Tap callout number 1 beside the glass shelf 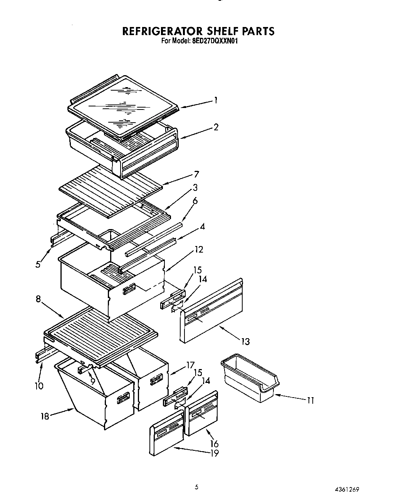(216, 100)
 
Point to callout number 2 (216, 127)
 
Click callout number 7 (196, 174)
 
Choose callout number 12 (198, 249)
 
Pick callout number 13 (245, 341)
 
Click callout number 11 (310, 400)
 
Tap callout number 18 (45, 416)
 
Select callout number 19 (214, 453)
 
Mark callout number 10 (39, 386)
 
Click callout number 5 (38, 265)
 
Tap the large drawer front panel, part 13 (212, 312)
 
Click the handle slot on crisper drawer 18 (123, 398)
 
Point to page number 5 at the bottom (196, 487)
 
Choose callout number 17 (190, 364)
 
